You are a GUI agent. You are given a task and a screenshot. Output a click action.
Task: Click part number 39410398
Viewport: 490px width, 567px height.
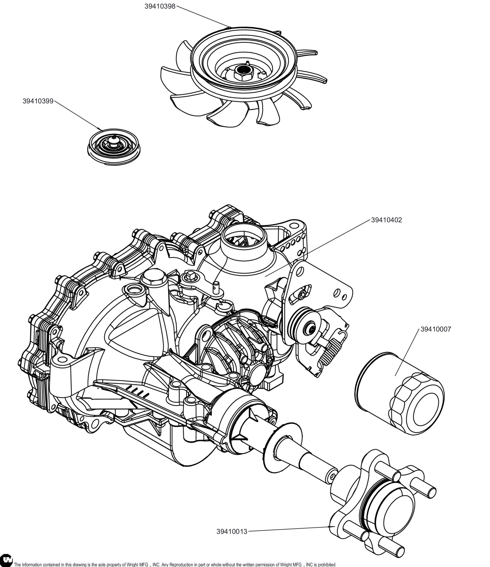160,6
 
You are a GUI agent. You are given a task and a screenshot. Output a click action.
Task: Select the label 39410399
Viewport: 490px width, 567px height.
38,101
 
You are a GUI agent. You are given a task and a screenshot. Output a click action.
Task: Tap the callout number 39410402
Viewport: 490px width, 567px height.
386,220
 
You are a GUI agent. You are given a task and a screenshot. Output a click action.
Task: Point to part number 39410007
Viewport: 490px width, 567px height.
436,329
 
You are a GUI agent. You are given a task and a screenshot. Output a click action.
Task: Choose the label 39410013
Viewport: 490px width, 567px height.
232,532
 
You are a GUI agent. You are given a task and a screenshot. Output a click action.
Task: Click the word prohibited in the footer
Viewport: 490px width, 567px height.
326,564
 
